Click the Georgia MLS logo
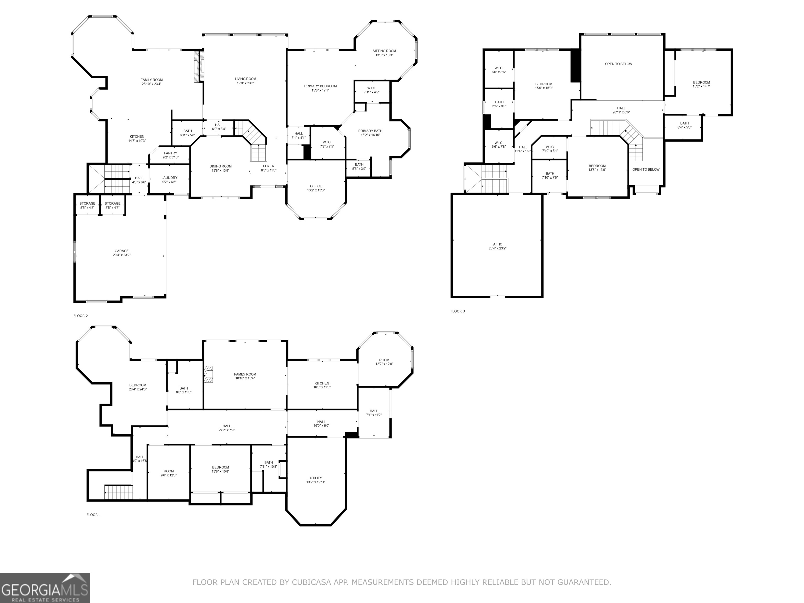pyautogui.click(x=45, y=588)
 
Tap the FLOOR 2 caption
pyautogui.click(x=81, y=316)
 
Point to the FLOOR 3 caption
pyautogui.click(x=457, y=311)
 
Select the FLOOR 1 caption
pyautogui.click(x=94, y=515)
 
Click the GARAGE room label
pyautogui.click(x=122, y=251)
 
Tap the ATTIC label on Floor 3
pyautogui.click(x=498, y=244)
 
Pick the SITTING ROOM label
pyautogui.click(x=384, y=51)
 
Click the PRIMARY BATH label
pyautogui.click(x=370, y=131)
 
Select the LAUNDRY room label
pyautogui.click(x=169, y=178)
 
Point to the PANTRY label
pyautogui.click(x=170, y=153)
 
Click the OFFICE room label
pyautogui.click(x=316, y=186)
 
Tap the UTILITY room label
pyautogui.click(x=316, y=478)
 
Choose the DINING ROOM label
pyautogui.click(x=221, y=166)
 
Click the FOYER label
pyautogui.click(x=269, y=166)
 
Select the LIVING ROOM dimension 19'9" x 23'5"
pyautogui.click(x=246, y=83)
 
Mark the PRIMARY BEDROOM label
pyautogui.click(x=321, y=86)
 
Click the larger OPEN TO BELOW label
pyautogui.click(x=619, y=64)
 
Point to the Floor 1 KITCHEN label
pyautogui.click(x=322, y=383)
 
